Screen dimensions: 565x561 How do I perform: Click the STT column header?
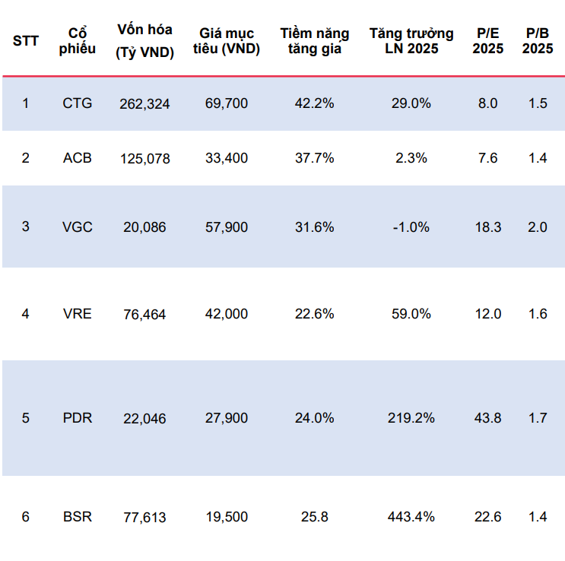pyautogui.click(x=26, y=41)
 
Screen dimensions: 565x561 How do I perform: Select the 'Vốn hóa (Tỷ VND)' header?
pyautogui.click(x=144, y=41)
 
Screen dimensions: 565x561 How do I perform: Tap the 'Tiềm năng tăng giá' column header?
pyautogui.click(x=315, y=41)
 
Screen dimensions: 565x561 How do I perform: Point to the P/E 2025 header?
pyautogui.click(x=488, y=41)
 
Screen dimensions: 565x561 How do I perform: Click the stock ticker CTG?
pyautogui.click(x=77, y=103)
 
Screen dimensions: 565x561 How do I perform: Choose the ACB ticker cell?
pyautogui.click(x=77, y=158)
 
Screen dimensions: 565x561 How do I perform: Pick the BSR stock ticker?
pyautogui.click(x=77, y=517)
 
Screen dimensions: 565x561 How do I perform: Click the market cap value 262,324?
pyautogui.click(x=144, y=104)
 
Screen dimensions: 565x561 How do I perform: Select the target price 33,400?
pyautogui.click(x=227, y=158)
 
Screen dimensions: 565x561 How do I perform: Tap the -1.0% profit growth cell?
pyautogui.click(x=411, y=227)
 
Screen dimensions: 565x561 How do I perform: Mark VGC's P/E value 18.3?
pyautogui.click(x=488, y=227)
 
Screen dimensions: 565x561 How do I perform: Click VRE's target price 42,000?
pyautogui.click(x=227, y=314)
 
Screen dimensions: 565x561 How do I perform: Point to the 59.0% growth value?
pyautogui.click(x=411, y=314)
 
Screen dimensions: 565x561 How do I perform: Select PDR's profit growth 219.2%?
pyautogui.click(x=411, y=418)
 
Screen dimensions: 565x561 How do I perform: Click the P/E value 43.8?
pyautogui.click(x=488, y=418)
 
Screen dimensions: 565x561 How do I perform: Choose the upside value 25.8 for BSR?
pyautogui.click(x=315, y=517)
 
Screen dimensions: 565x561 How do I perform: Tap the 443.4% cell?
pyautogui.click(x=411, y=517)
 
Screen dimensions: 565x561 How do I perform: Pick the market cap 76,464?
pyautogui.click(x=144, y=315)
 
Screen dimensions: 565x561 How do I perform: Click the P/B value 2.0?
pyautogui.click(x=538, y=227)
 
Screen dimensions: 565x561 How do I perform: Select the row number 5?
pyautogui.click(x=26, y=418)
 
